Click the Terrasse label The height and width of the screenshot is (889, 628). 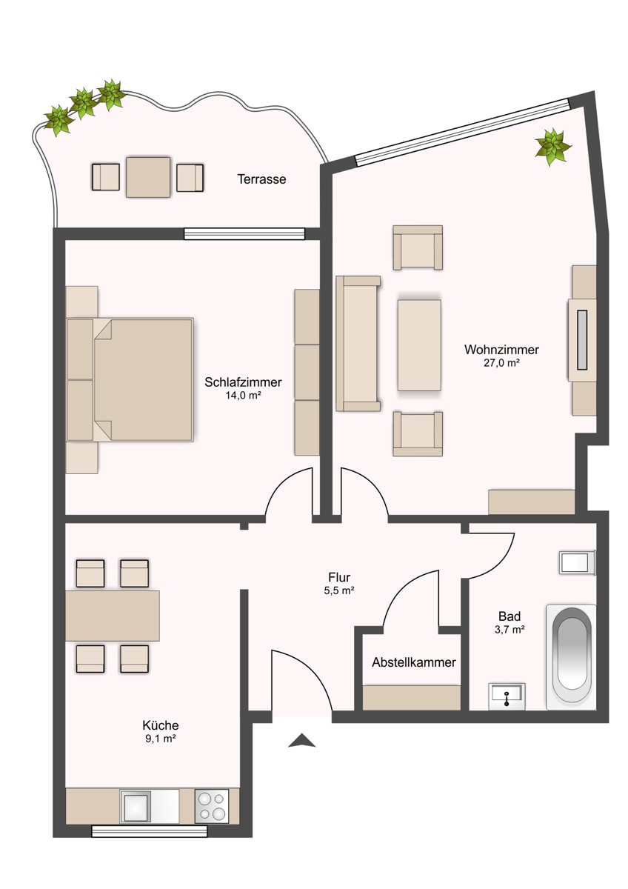261,179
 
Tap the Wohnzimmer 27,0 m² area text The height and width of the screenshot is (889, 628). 501,363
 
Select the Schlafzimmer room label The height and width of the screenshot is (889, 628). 243,383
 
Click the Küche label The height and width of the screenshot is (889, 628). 161,725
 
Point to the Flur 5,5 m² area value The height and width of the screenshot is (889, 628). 339,590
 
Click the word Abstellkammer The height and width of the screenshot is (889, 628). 413,662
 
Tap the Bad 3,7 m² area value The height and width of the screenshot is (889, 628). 509,630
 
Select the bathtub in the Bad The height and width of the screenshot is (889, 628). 570,655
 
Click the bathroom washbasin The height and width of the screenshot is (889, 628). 507,696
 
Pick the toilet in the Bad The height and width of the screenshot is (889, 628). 577,562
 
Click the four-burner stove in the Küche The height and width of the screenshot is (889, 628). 211,805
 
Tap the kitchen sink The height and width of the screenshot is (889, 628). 137,806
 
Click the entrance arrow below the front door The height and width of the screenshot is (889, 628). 301,740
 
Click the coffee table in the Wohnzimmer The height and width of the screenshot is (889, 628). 419,344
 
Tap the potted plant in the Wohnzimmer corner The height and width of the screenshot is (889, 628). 553,146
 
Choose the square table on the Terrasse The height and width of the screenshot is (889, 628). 148,176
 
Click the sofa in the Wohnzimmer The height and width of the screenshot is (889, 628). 357,343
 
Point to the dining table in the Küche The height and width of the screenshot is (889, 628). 113,615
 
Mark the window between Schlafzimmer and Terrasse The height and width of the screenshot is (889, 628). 244,233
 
